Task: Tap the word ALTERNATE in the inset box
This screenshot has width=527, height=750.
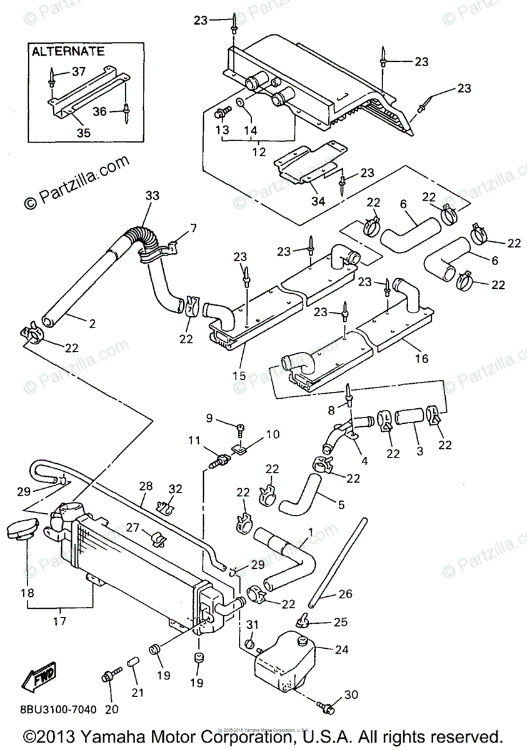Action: (x=69, y=51)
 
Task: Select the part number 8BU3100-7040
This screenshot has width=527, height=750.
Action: (x=50, y=709)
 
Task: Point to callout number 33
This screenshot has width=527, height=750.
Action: (x=153, y=196)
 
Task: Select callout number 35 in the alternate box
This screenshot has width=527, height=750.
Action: (x=83, y=132)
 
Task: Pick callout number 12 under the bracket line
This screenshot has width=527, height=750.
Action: (x=258, y=151)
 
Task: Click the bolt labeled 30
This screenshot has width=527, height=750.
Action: (x=327, y=709)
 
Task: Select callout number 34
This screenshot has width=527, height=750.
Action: (x=318, y=201)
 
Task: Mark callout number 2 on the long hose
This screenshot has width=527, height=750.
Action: (x=92, y=324)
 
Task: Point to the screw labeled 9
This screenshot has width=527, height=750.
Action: (x=241, y=428)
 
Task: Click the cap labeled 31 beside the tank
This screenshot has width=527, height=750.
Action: (x=249, y=644)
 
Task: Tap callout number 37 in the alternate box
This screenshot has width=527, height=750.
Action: (x=78, y=72)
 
